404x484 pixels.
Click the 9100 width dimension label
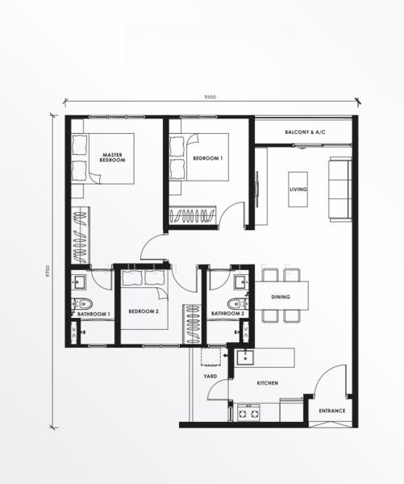(x=210, y=97)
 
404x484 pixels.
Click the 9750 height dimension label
(x=48, y=271)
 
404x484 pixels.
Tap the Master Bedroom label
(x=112, y=157)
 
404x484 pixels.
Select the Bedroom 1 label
(x=208, y=158)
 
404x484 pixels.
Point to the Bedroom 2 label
(x=144, y=311)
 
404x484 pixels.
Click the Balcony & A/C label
(x=305, y=132)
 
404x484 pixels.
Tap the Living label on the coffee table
(x=298, y=190)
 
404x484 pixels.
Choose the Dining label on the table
(x=281, y=297)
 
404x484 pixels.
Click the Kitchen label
(x=268, y=383)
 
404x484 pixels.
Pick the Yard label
(x=210, y=376)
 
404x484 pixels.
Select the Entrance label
(x=332, y=411)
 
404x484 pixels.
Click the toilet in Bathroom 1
(x=82, y=304)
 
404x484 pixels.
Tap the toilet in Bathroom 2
(x=238, y=304)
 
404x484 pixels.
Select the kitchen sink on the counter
(x=245, y=357)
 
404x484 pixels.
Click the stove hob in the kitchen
(x=248, y=413)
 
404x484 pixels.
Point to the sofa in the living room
(x=340, y=190)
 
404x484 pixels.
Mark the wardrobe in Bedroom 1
(x=193, y=215)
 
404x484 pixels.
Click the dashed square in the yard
(x=210, y=357)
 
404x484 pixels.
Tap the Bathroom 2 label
(x=227, y=314)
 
